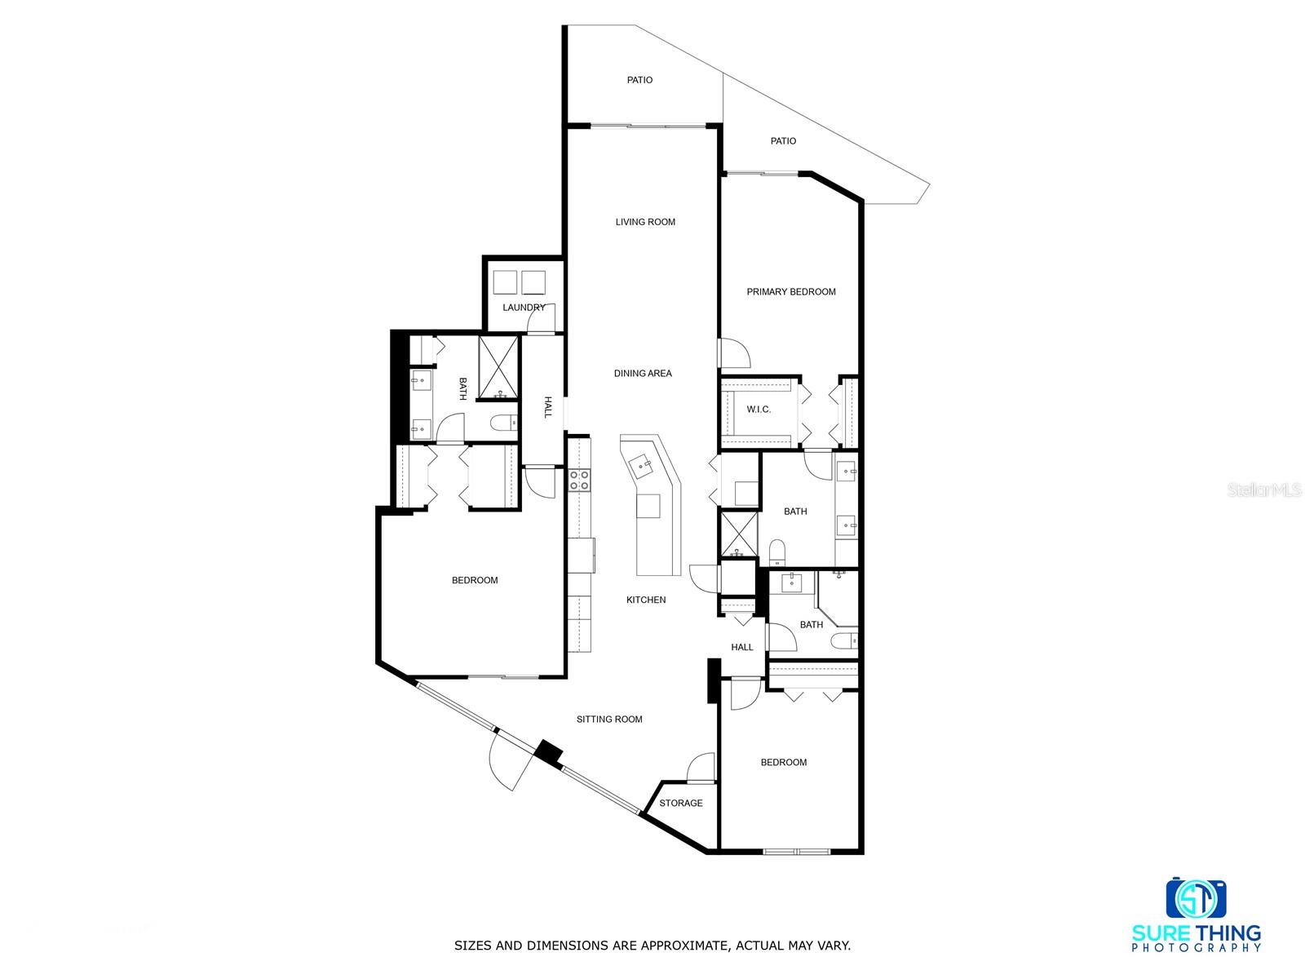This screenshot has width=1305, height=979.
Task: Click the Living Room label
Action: click(x=645, y=222)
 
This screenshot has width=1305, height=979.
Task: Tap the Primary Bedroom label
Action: click(x=791, y=292)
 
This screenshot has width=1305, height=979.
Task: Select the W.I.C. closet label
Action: click(x=759, y=410)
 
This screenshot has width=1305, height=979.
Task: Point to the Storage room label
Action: click(x=681, y=804)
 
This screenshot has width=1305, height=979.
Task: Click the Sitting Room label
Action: click(x=609, y=720)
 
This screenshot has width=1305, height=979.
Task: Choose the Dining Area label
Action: click(x=643, y=374)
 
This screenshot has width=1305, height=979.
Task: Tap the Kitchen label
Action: click(x=646, y=600)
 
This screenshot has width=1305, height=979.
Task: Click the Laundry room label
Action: click(x=524, y=308)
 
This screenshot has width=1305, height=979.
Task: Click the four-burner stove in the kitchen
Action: click(x=579, y=480)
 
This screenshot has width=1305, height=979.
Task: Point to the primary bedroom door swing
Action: click(x=737, y=352)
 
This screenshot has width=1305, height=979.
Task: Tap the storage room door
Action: click(x=701, y=769)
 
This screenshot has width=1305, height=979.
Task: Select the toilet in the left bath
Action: click(x=503, y=423)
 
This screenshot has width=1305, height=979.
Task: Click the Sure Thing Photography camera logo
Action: click(x=1196, y=898)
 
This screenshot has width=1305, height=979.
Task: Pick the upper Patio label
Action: click(x=639, y=80)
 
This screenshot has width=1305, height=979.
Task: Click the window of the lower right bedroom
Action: click(x=797, y=852)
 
